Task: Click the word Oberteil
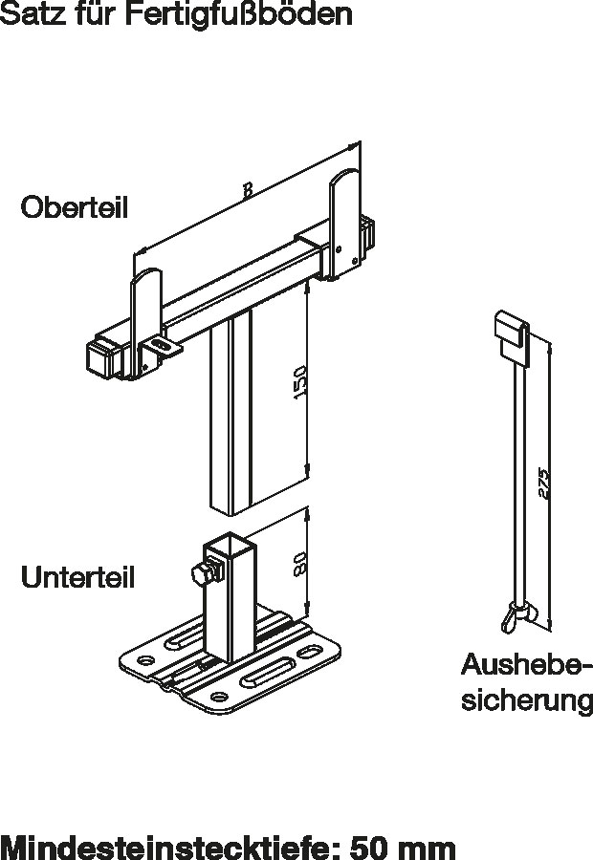pos(74,208)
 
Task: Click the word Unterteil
pos(77,577)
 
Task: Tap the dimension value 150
pos(298,383)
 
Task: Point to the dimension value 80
pos(298,565)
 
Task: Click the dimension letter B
pos(247,191)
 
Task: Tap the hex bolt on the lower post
pos(202,575)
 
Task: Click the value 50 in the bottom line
pos(371,846)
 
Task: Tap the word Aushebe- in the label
pos(527,666)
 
